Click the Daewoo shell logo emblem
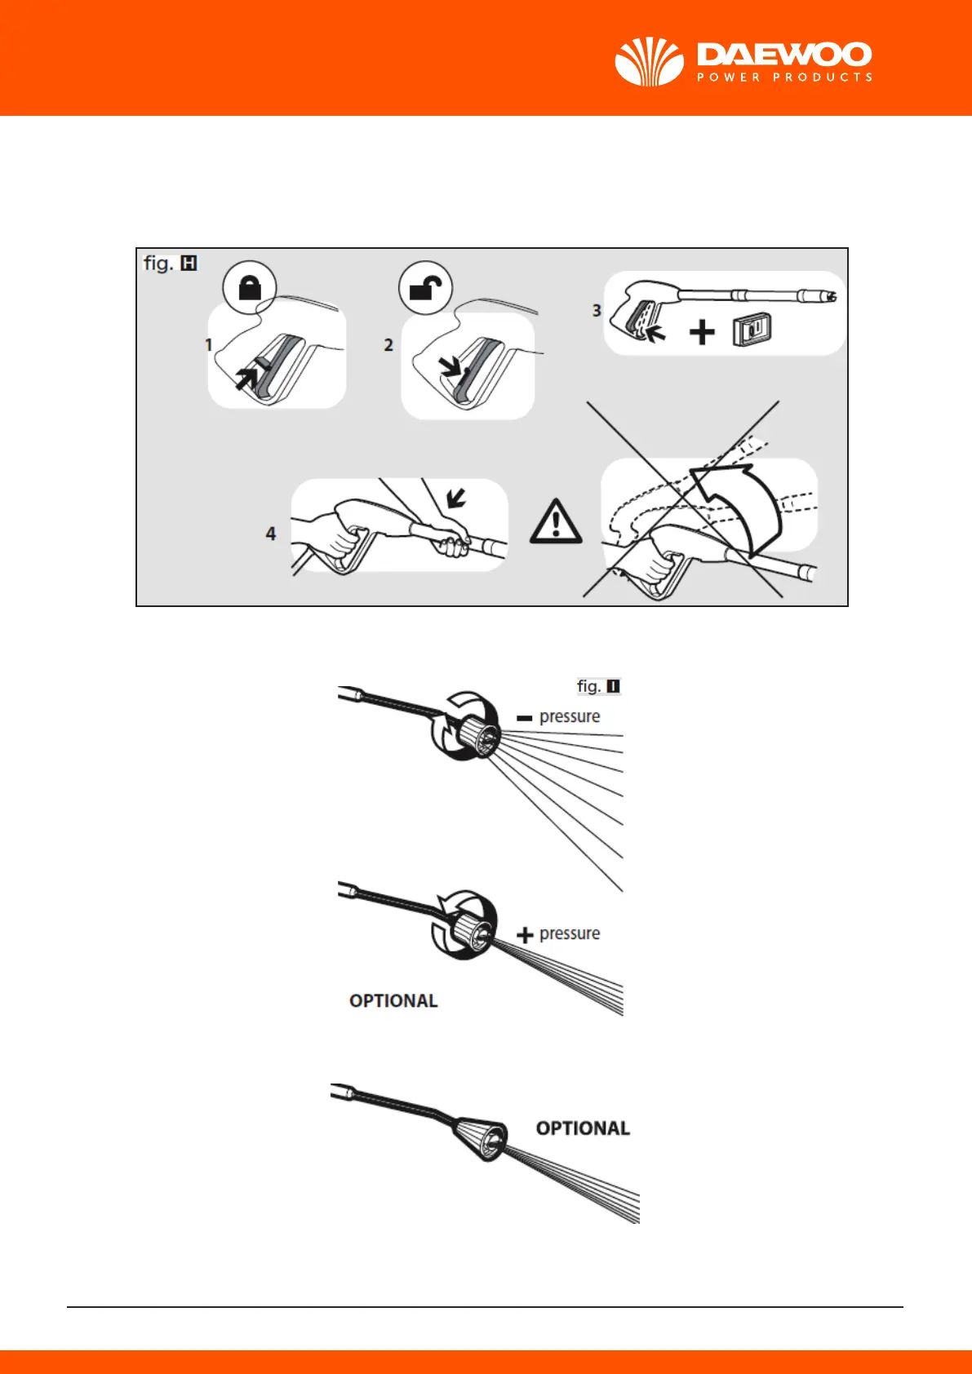click(649, 62)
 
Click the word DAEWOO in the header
click(784, 55)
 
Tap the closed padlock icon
click(250, 287)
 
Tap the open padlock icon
click(425, 287)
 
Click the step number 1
click(209, 345)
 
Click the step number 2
click(388, 345)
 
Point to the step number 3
click(597, 311)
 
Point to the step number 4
click(271, 534)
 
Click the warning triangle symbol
click(556, 523)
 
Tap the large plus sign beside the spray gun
click(702, 332)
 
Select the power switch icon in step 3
click(752, 330)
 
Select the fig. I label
click(598, 686)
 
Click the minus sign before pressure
click(525, 718)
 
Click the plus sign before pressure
click(525, 935)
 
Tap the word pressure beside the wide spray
click(570, 716)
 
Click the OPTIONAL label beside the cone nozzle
click(583, 1128)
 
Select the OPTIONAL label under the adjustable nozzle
click(393, 1001)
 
